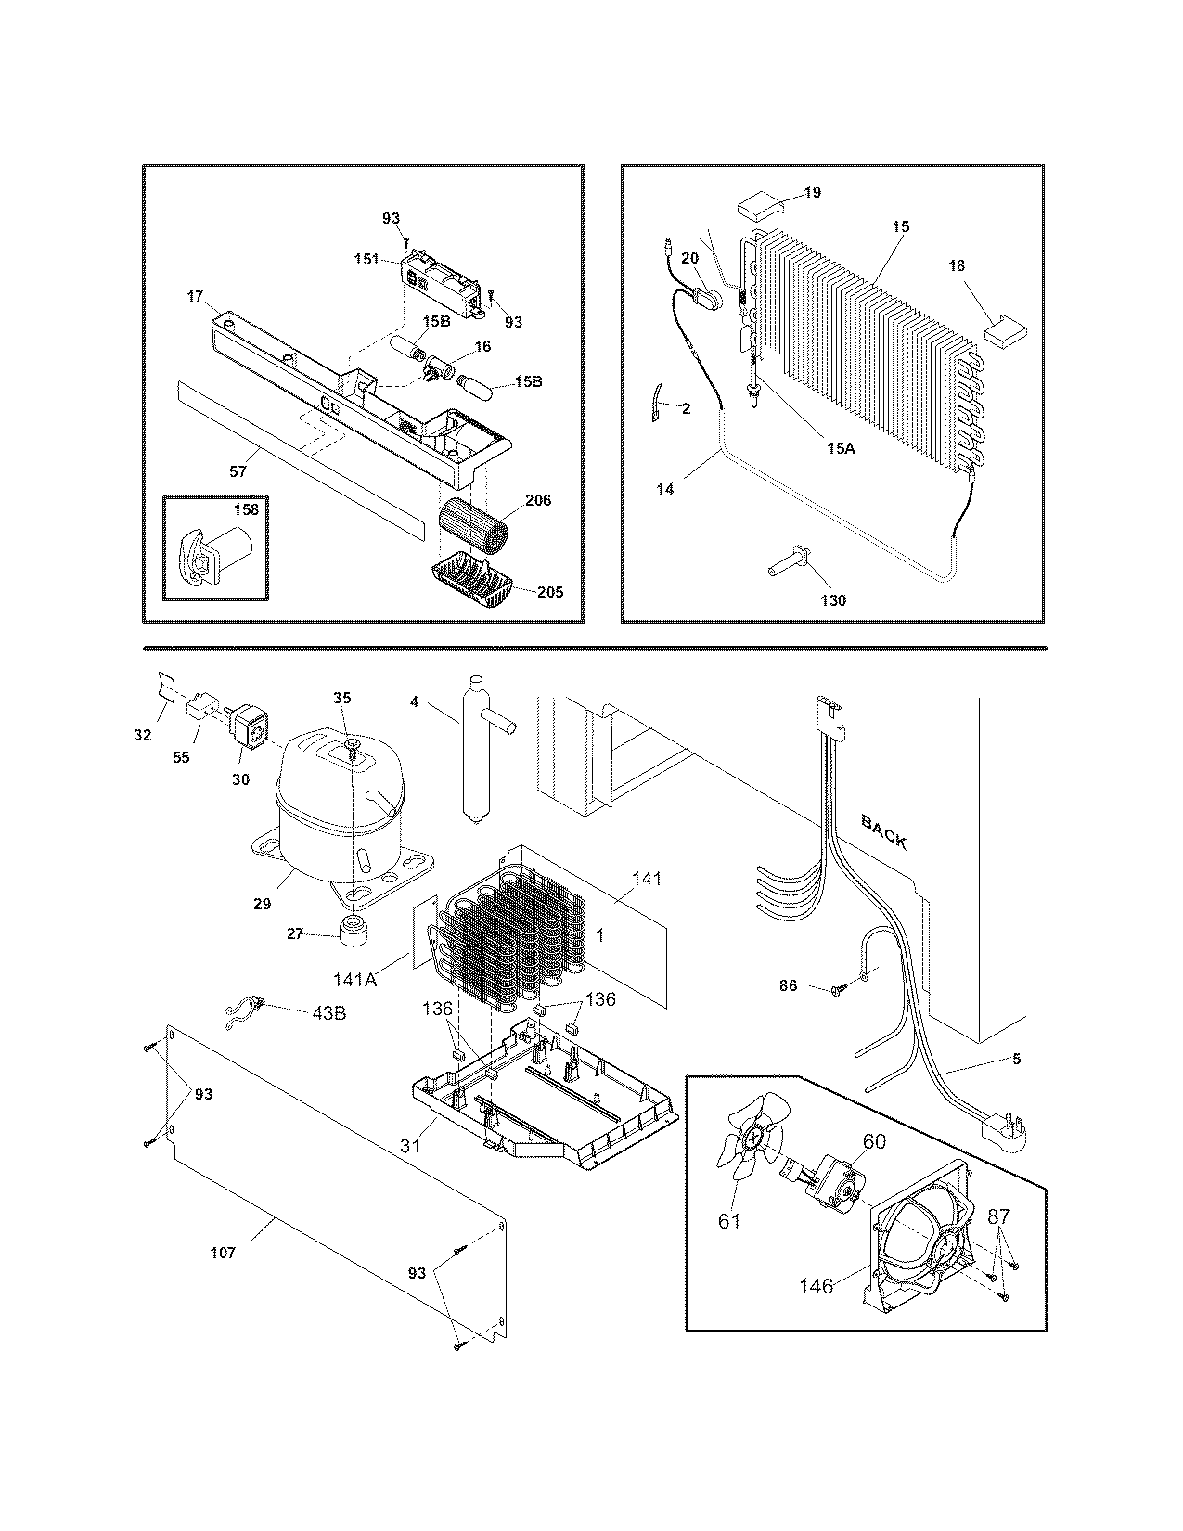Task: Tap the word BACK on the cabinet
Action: tap(883, 830)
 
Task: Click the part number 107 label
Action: tap(223, 1253)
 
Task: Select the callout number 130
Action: tap(833, 600)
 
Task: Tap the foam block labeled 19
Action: tap(756, 204)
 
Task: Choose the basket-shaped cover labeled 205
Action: tap(473, 582)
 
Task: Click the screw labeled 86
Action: tap(838, 990)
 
